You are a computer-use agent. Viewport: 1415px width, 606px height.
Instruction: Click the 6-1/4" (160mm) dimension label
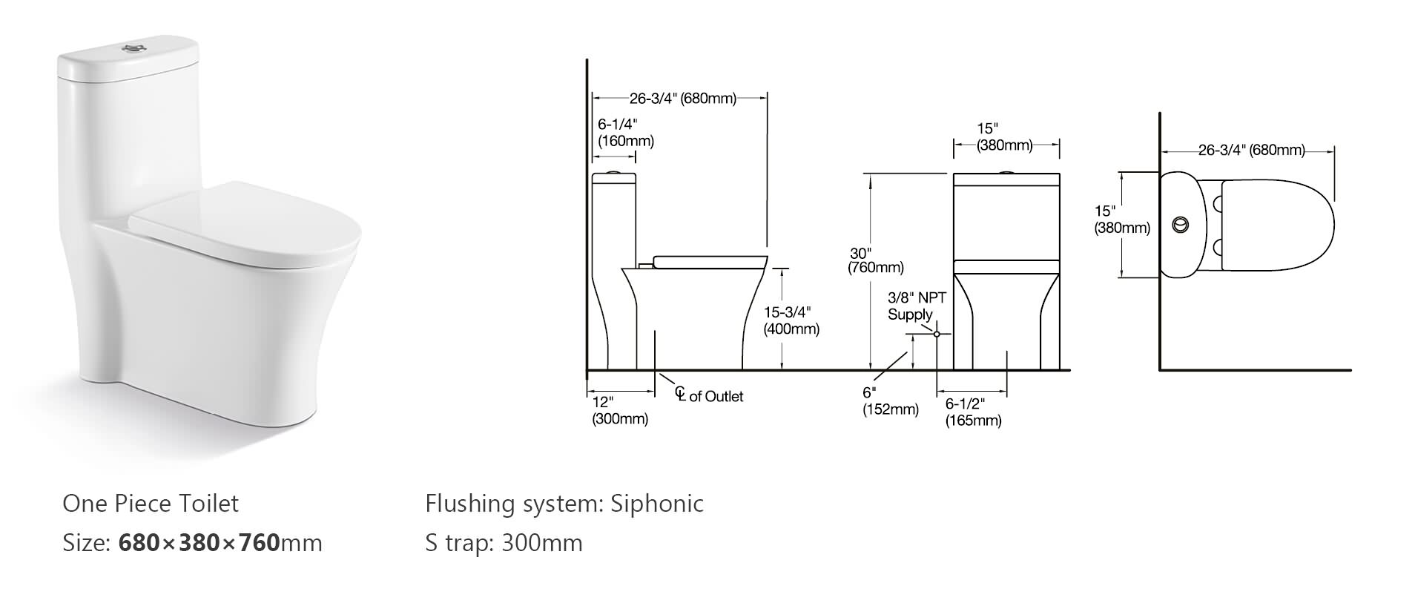625,133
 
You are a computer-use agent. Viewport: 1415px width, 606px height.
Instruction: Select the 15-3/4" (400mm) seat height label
791,320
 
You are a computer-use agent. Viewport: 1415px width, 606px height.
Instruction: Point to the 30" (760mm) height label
875,260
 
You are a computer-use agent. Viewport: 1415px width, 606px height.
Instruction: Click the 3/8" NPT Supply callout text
916,306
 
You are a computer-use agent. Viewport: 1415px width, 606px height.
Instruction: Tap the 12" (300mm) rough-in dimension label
619,410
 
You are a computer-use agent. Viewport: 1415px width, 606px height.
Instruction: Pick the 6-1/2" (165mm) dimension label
972,412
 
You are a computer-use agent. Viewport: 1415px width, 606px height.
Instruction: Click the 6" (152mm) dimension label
889,401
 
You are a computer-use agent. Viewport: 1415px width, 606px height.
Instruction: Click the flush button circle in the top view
1180,224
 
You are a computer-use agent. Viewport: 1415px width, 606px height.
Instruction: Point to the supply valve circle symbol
937,335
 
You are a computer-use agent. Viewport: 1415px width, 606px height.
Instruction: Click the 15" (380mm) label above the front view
1004,137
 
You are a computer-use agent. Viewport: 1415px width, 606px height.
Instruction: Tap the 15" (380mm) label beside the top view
1121,220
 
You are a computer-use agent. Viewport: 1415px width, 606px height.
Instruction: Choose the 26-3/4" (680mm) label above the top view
1251,151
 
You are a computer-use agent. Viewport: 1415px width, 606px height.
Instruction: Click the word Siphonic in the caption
656,504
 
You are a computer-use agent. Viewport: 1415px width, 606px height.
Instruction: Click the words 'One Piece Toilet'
151,504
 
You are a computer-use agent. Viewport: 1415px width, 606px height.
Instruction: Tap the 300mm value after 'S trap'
541,543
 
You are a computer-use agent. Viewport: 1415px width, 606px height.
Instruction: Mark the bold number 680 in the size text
139,543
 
